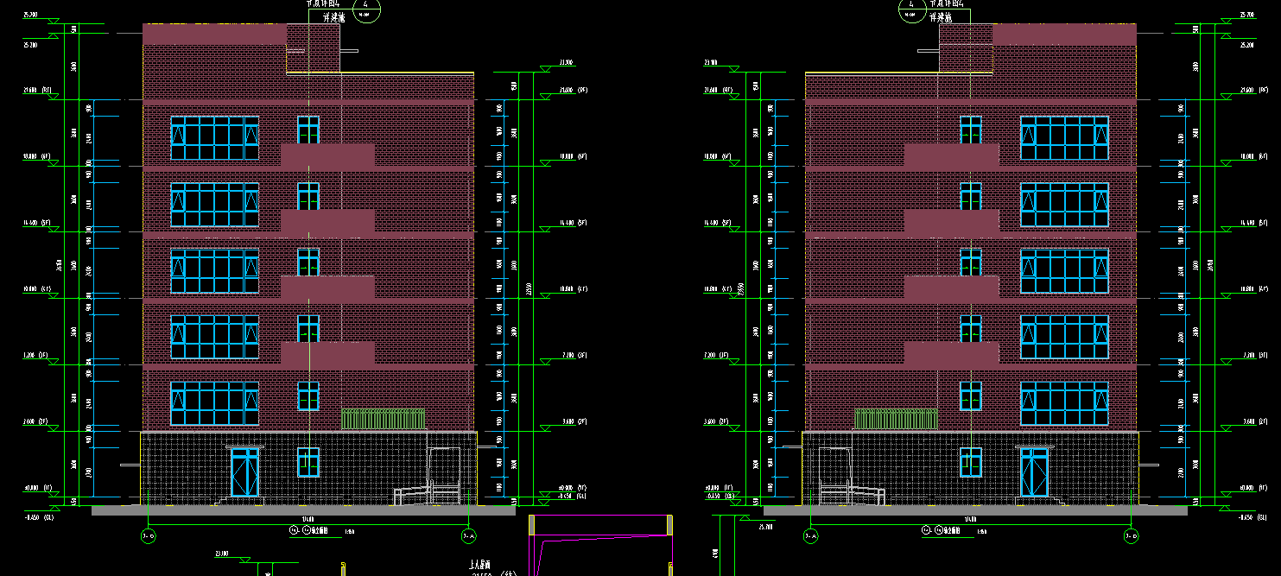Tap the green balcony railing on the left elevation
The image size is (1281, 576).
383,419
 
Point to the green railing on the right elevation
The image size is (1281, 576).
896,419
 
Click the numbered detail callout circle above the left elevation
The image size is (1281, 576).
366,9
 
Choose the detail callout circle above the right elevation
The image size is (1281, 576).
911,9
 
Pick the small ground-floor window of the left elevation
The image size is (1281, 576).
308,462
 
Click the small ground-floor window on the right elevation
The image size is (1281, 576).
971,462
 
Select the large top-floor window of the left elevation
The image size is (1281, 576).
214,138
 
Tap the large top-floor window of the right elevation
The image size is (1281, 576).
1064,138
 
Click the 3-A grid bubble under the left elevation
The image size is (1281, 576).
468,537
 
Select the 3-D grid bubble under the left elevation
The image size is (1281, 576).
148,537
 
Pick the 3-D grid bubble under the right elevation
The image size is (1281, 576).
1132,537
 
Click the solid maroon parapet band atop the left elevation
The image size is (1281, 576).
214,35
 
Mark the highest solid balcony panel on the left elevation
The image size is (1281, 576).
327,155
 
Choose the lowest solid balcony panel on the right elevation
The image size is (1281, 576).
951,353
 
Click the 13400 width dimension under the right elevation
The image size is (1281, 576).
971,519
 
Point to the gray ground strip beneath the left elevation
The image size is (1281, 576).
302,510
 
